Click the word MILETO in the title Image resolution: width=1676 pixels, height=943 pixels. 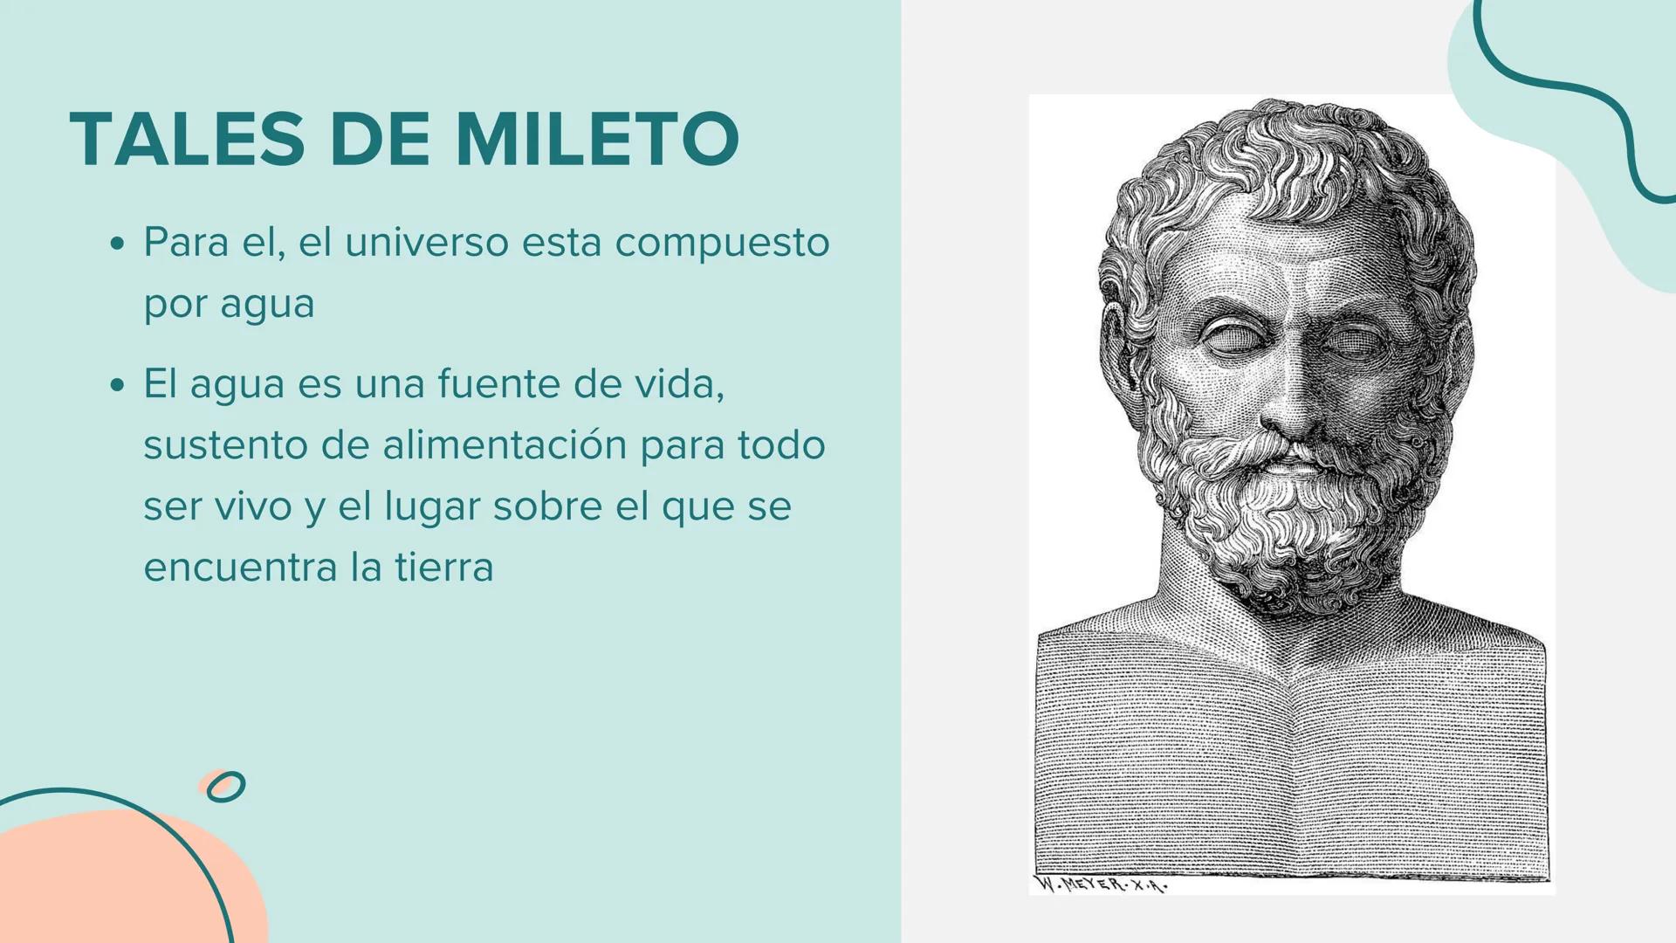[x=597, y=139]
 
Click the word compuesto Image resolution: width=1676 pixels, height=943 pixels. [x=722, y=244]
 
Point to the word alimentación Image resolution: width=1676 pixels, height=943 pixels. [x=505, y=444]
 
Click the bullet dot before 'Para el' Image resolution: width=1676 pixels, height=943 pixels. [x=118, y=244]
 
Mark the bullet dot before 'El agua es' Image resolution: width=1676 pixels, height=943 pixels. [x=118, y=385]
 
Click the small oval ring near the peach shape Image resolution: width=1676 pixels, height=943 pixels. [x=226, y=786]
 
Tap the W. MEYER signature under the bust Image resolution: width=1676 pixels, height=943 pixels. [x=1100, y=884]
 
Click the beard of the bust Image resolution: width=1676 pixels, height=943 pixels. [x=1283, y=524]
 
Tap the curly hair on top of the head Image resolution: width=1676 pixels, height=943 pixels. [x=1283, y=157]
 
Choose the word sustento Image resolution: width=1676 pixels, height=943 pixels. [x=224, y=445]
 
